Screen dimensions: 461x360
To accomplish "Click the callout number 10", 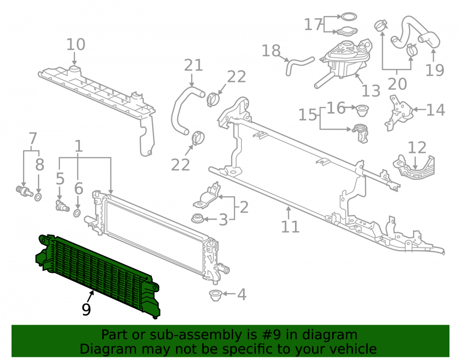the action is pyautogui.click(x=76, y=45).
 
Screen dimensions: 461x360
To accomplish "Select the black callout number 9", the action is pyautogui.click(x=86, y=309).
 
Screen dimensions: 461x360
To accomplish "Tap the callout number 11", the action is pyautogui.click(x=290, y=227).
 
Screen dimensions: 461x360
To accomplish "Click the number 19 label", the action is pyautogui.click(x=435, y=70).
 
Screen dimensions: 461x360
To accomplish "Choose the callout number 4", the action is pyautogui.click(x=242, y=294).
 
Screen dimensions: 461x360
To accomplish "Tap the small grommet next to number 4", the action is pyautogui.click(x=215, y=295).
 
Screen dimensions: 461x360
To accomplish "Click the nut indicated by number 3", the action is pyautogui.click(x=198, y=218).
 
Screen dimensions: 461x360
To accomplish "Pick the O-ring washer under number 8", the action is pyautogui.click(x=38, y=197).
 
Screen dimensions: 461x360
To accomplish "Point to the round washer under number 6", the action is pyautogui.click(x=77, y=213).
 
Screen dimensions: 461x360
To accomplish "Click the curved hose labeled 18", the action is pyautogui.click(x=299, y=65).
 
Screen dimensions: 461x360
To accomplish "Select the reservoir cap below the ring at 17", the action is pyautogui.click(x=347, y=30).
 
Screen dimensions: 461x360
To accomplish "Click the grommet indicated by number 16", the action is pyautogui.click(x=362, y=110).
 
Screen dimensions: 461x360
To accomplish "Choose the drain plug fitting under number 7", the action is pyautogui.click(x=24, y=191).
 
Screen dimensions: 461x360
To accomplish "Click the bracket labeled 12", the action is pyautogui.click(x=414, y=167).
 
